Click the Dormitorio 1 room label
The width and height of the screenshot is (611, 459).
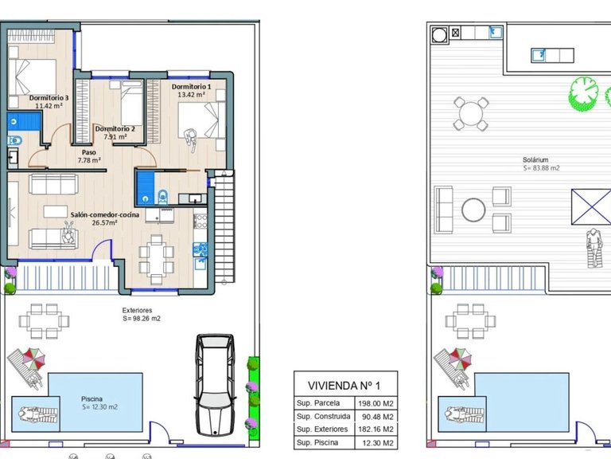click(x=191, y=87)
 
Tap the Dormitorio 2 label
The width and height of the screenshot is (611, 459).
click(x=115, y=129)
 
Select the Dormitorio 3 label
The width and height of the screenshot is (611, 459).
click(x=49, y=97)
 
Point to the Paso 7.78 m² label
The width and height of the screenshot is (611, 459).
click(x=89, y=156)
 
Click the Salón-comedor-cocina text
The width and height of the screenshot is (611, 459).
click(x=105, y=214)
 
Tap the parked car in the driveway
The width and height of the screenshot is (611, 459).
click(x=215, y=385)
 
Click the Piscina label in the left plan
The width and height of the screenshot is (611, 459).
click(x=92, y=399)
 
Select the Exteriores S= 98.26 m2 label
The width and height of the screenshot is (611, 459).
click(x=141, y=314)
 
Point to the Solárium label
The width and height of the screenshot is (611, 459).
click(x=535, y=159)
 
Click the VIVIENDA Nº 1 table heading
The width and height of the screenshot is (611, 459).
click(x=344, y=386)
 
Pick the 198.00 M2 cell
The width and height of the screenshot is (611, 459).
click(x=376, y=403)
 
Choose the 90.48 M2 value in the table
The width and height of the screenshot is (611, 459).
click(x=378, y=417)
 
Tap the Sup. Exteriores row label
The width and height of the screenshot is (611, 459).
click(x=322, y=430)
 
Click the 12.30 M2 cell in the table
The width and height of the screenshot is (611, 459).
click(x=378, y=443)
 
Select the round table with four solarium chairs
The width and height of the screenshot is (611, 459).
click(x=471, y=114)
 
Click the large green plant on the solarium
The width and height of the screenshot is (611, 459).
click(x=584, y=94)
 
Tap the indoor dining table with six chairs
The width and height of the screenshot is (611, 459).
click(x=156, y=260)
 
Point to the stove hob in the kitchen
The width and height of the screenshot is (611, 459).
click(x=200, y=221)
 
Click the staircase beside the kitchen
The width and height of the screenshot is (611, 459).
click(x=225, y=226)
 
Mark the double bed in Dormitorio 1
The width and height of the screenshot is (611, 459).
click(x=202, y=120)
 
